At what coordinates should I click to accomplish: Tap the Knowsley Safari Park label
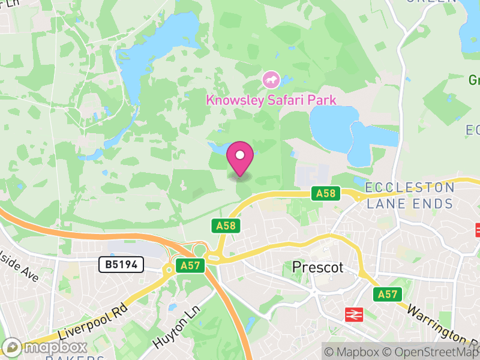pos(271,100)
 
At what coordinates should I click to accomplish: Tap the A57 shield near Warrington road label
pos(387,294)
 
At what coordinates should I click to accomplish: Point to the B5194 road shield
pos(121,265)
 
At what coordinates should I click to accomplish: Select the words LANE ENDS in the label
pos(410,204)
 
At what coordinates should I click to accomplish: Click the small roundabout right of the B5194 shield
pos(169,271)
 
